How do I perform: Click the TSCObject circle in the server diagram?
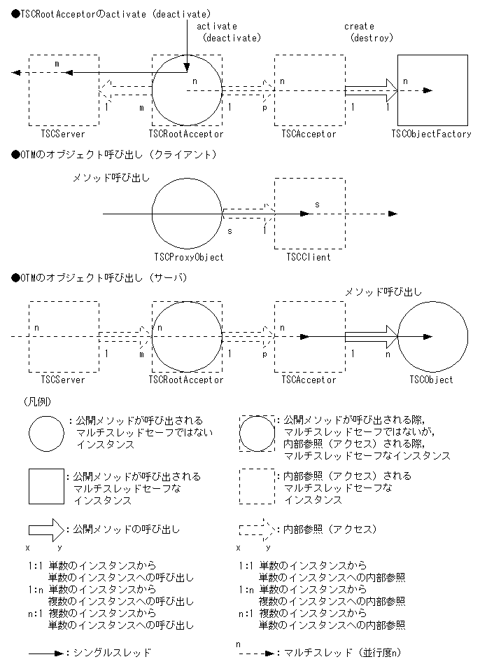coord(432,337)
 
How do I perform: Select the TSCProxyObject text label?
coord(187,257)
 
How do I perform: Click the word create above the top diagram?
coord(359,26)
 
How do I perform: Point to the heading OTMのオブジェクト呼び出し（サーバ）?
coord(106,277)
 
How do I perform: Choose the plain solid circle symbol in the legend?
coord(46,436)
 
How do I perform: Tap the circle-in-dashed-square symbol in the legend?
coord(257,436)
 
